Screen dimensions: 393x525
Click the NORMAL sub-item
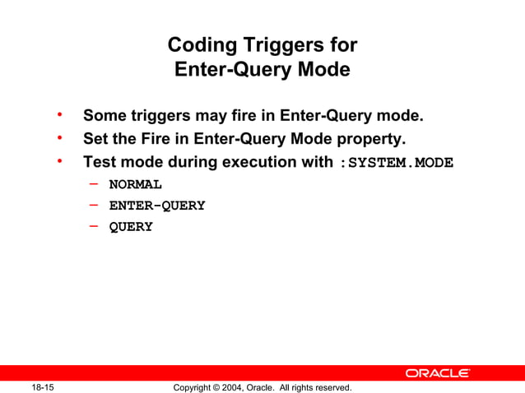tap(136, 183)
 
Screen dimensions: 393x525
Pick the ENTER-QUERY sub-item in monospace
tap(157, 206)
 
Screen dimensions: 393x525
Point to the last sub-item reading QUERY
tap(131, 227)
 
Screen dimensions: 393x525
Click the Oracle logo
tap(437, 373)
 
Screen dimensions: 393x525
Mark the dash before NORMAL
tap(95, 183)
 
